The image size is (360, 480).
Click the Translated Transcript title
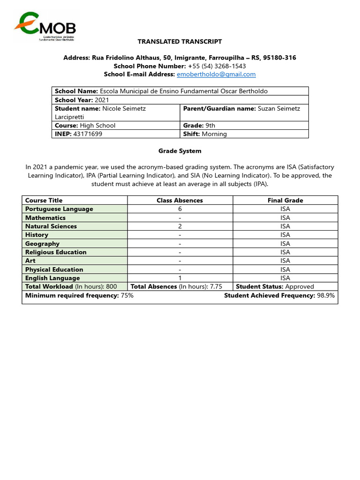pos(180,42)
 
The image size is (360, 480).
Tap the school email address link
pos(216,74)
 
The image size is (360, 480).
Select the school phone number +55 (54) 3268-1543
pos(217,66)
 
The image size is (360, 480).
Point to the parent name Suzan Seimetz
pos(279,108)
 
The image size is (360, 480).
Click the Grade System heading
pos(180,151)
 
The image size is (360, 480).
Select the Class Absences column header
pos(180,200)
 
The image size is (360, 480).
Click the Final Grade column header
pos(285,200)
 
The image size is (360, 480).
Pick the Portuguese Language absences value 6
pos(180,209)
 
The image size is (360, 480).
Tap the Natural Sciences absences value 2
pos(180,226)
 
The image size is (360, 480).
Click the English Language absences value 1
pos(180,278)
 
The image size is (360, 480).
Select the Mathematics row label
pos(45,217)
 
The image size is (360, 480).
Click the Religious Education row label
pos(56,252)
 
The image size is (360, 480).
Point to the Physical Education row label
pos(54,270)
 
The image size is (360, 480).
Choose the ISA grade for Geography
pos(285,244)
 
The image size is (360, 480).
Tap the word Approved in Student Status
pos(300,286)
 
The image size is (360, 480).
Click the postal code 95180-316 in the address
pos(279,58)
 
